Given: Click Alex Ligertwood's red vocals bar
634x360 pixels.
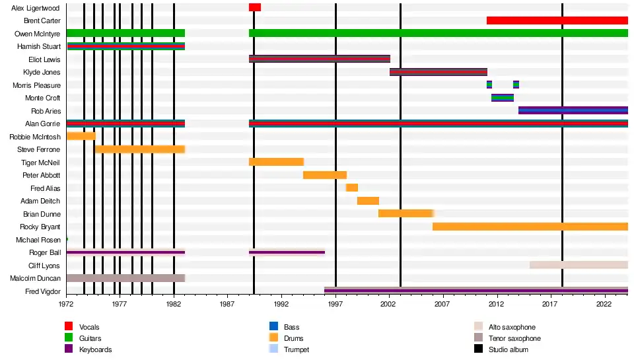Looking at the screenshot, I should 254,7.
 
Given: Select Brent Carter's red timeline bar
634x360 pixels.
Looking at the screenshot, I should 557,20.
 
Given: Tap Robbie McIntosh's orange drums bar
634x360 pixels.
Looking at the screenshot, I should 81,136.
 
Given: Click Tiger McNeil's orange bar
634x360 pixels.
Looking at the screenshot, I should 276,162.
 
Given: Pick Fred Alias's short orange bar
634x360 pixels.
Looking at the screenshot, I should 351,188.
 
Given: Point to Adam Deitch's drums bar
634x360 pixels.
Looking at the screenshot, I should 368,201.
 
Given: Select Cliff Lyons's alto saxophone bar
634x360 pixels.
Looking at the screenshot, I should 579,265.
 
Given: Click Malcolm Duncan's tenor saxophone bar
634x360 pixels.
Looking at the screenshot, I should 125,278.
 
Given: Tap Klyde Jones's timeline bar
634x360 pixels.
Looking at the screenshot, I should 438,72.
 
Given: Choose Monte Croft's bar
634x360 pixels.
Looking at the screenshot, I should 502,98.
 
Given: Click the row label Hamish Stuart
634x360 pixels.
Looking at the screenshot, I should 39,46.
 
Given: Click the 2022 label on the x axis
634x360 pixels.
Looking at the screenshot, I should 604,305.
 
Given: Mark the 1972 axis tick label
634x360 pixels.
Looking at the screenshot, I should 66,305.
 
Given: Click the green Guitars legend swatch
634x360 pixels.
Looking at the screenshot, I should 68,338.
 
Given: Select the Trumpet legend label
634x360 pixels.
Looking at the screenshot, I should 296,349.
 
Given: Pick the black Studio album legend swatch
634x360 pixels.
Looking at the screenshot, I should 478,349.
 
